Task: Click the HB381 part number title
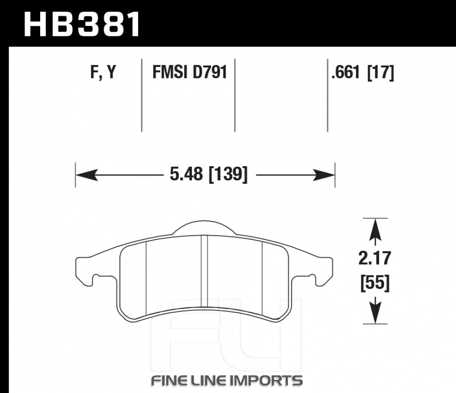coord(82,25)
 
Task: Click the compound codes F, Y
coord(103,72)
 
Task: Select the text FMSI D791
coord(190,72)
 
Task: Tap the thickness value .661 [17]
coord(363,72)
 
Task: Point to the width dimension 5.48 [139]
coord(208,174)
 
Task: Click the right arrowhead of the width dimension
coord(324,175)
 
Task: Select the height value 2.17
coord(374,258)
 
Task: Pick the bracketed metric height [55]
coord(375,283)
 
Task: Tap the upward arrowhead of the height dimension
coord(375,230)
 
